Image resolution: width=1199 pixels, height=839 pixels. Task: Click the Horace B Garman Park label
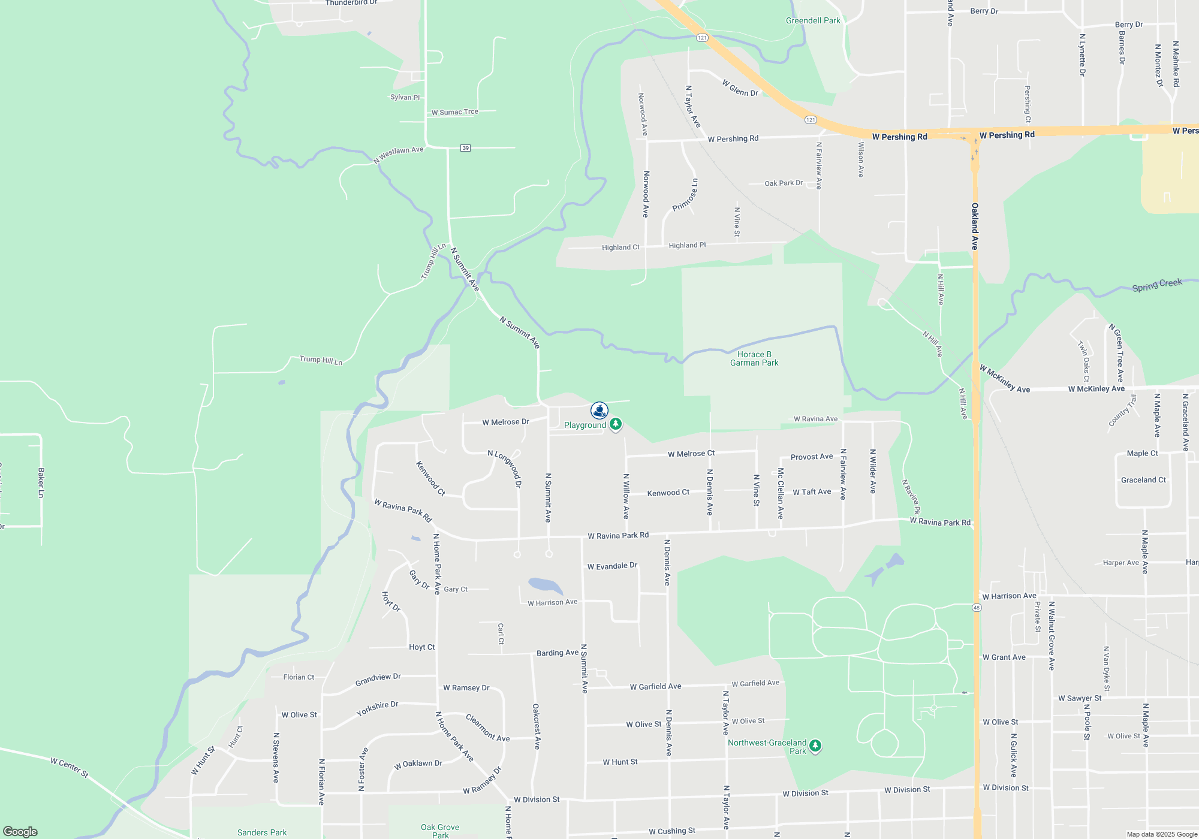(x=754, y=358)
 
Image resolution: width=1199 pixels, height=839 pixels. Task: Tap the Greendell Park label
(x=813, y=20)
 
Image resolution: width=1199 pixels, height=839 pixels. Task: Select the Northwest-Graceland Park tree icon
(x=815, y=746)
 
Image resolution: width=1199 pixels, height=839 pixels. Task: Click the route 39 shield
(x=465, y=148)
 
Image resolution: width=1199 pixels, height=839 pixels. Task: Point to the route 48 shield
(x=977, y=608)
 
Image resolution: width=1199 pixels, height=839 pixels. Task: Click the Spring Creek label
(x=1157, y=285)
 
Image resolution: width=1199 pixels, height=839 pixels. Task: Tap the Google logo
(x=20, y=832)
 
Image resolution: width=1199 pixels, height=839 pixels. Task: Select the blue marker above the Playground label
(x=599, y=410)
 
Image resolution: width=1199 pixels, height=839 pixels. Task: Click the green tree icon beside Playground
(x=615, y=424)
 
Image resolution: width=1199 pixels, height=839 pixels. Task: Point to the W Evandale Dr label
(x=612, y=566)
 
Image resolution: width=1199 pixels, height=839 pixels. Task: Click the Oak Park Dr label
(x=784, y=183)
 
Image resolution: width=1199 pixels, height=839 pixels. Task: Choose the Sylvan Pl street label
(x=405, y=97)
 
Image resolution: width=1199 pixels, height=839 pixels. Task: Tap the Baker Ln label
(x=41, y=482)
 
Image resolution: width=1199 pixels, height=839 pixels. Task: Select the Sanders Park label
(x=262, y=832)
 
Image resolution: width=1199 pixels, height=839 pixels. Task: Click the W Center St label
(x=70, y=768)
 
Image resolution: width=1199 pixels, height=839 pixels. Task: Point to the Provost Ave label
(x=812, y=457)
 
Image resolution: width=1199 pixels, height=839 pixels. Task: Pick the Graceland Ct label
(x=1143, y=480)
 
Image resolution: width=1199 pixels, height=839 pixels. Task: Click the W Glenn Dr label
(x=740, y=88)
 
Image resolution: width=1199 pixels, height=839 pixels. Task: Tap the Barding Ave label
(x=558, y=653)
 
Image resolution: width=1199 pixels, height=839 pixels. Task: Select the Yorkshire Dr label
(x=378, y=708)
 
